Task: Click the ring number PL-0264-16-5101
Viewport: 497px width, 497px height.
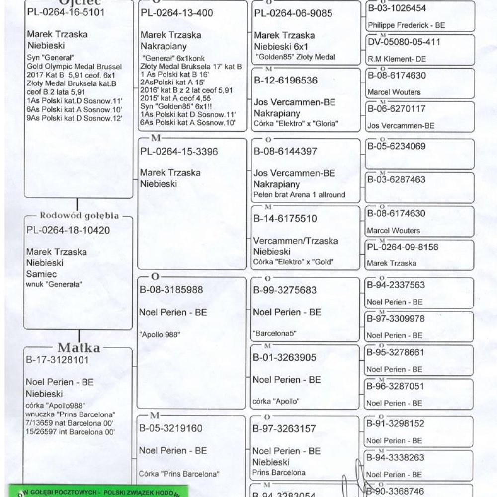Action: pos(66,12)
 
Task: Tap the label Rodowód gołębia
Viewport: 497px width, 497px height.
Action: pos(79,216)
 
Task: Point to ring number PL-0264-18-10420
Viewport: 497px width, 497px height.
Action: pos(68,230)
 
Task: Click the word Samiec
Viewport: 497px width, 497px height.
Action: pos(41,274)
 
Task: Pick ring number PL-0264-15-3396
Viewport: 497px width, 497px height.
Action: pos(179,152)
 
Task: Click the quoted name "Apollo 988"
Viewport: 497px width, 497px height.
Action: pos(160,334)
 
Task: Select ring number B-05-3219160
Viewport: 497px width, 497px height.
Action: pos(171,428)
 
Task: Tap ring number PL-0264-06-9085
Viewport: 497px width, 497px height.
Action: pos(293,13)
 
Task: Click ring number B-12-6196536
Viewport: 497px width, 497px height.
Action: pos(285,81)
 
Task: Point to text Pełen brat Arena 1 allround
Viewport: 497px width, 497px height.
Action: pos(299,194)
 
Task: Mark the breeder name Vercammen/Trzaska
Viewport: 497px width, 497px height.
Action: pos(296,241)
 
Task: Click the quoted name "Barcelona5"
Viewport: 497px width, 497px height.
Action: pos(274,333)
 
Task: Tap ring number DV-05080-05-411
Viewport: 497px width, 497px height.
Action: pos(404,42)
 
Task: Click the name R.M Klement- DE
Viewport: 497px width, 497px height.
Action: pos(390,59)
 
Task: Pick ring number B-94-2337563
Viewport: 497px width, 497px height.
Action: pos(396,285)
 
